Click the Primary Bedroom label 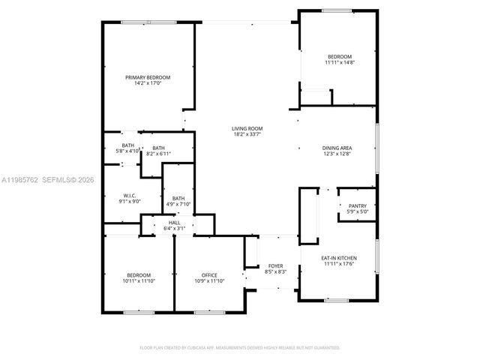[148, 77]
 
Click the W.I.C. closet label [129, 196]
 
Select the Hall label [174, 223]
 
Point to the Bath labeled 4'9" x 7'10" [178, 199]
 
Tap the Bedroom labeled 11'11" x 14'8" [339, 57]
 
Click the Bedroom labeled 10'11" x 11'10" [138, 275]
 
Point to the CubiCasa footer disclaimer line [240, 347]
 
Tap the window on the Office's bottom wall [205, 311]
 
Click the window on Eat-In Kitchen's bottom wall [336, 300]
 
